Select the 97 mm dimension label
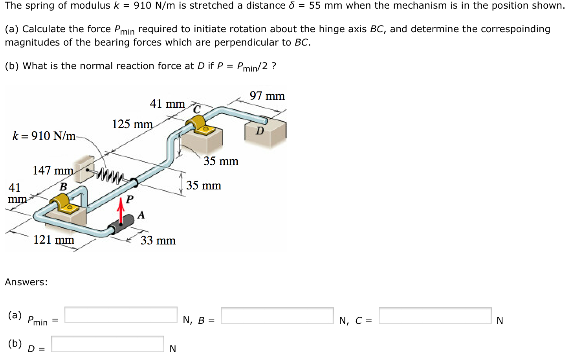click(x=267, y=96)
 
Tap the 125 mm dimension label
click(x=132, y=124)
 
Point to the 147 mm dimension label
click(x=53, y=171)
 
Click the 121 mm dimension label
click(x=54, y=239)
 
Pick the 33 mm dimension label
click(x=158, y=241)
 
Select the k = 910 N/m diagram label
click(x=44, y=136)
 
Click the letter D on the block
click(x=260, y=131)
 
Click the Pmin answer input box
click(x=121, y=315)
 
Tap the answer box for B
click(x=277, y=316)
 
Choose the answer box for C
click(x=435, y=316)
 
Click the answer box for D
click(x=108, y=344)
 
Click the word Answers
click(x=26, y=282)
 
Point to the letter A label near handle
click(x=141, y=215)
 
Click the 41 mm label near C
click(x=167, y=104)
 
